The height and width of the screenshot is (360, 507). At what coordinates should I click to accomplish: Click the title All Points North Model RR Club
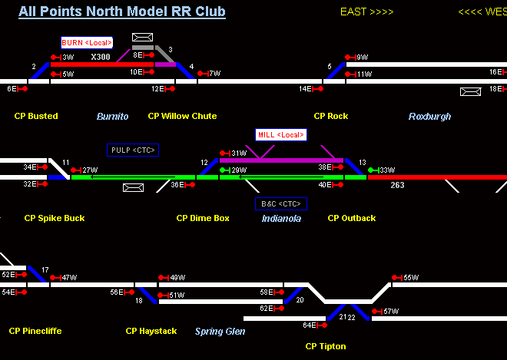(x=122, y=12)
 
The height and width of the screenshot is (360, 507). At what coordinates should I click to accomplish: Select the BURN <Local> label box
(x=87, y=43)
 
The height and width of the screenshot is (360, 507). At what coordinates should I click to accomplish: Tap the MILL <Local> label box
(x=280, y=135)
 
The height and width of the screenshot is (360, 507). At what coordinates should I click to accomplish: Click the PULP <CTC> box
(x=133, y=150)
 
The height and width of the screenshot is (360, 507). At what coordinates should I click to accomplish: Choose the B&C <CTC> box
(x=281, y=204)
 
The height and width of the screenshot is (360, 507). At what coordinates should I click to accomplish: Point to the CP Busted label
(x=36, y=117)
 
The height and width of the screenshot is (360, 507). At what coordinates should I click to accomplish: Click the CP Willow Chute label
(x=182, y=117)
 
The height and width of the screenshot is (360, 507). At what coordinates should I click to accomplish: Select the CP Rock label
(x=330, y=117)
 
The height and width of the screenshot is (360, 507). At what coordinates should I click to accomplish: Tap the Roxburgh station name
(x=429, y=117)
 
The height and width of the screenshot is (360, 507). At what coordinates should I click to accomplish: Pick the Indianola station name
(x=281, y=219)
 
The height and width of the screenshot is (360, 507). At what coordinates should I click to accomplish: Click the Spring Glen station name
(x=220, y=332)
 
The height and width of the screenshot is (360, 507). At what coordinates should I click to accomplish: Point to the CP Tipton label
(x=325, y=347)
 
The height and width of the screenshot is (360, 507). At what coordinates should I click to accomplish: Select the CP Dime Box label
(x=203, y=219)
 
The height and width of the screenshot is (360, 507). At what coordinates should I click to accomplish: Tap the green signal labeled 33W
(x=373, y=170)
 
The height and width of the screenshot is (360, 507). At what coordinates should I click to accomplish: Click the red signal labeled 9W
(x=351, y=58)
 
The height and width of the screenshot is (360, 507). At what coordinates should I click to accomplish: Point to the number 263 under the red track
(x=397, y=186)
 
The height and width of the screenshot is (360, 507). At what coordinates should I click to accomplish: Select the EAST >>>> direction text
(x=366, y=12)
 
